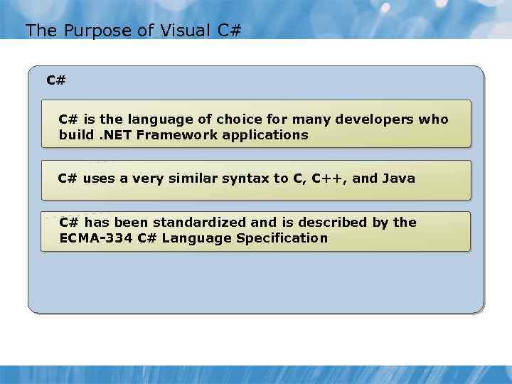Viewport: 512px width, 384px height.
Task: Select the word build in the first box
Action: click(77, 134)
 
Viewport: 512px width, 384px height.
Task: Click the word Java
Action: click(398, 178)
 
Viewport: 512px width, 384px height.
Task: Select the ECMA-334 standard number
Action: click(96, 238)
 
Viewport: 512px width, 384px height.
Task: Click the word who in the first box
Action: click(434, 119)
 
